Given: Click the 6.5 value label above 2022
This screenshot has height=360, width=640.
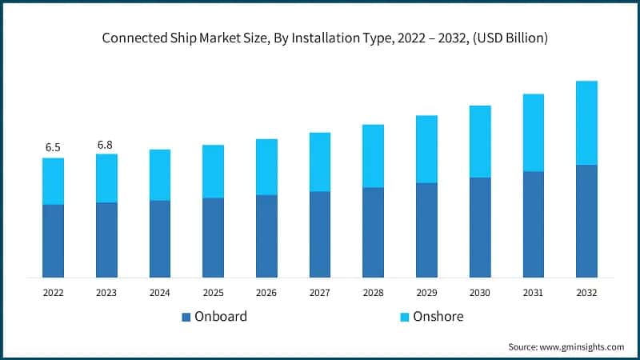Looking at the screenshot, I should click(53, 147).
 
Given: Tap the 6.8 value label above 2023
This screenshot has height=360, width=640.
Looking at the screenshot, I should click(106, 144).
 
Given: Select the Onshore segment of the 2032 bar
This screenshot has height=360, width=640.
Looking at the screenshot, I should click(586, 122).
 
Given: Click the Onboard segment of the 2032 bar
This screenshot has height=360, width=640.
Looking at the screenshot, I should click(586, 221).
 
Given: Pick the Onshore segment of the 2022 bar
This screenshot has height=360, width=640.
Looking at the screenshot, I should click(53, 181).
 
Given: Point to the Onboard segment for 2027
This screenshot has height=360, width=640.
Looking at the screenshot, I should click(320, 234).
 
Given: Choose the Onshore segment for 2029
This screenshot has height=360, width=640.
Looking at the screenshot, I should click(426, 149).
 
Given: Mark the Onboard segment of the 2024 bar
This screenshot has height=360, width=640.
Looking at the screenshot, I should click(159, 238).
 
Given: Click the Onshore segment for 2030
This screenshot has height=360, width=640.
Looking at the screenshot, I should click(480, 141).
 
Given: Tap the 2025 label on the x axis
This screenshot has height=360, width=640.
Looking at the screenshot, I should click(213, 294).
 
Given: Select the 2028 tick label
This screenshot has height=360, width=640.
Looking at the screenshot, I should click(373, 294).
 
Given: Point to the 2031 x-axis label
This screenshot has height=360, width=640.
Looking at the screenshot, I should click(534, 294).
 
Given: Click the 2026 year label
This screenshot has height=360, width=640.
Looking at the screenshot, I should click(266, 294).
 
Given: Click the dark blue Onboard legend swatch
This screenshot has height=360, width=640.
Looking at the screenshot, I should click(186, 317).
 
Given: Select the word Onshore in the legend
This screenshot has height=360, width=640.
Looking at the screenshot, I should click(439, 316).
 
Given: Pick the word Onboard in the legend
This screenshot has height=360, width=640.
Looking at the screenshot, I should click(221, 316).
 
